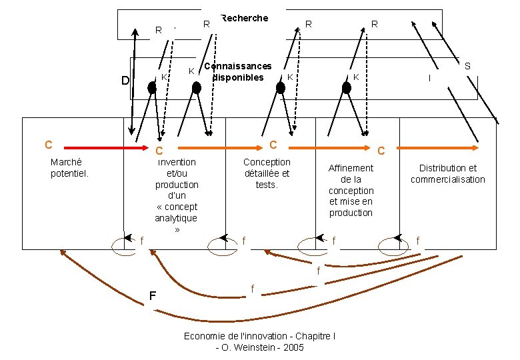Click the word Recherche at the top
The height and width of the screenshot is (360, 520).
[244, 18]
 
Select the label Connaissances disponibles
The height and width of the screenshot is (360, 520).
[238, 71]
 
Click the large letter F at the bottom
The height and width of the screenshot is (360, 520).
[153, 295]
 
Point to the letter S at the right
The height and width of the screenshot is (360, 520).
[467, 66]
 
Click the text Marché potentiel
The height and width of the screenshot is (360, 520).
[70, 168]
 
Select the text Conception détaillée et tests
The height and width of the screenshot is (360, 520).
[267, 173]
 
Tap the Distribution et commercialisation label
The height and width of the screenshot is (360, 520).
[447, 173]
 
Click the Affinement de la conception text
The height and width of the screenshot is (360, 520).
[351, 190]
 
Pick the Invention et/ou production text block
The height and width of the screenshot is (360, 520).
[177, 195]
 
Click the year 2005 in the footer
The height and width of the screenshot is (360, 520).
[293, 347]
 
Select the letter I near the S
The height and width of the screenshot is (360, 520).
[429, 78]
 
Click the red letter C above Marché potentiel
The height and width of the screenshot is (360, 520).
[48, 145]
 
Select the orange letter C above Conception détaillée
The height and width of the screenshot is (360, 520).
[273, 145]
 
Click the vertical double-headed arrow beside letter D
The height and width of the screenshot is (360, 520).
[135, 80]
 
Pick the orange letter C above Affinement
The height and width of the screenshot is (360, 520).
[381, 152]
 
